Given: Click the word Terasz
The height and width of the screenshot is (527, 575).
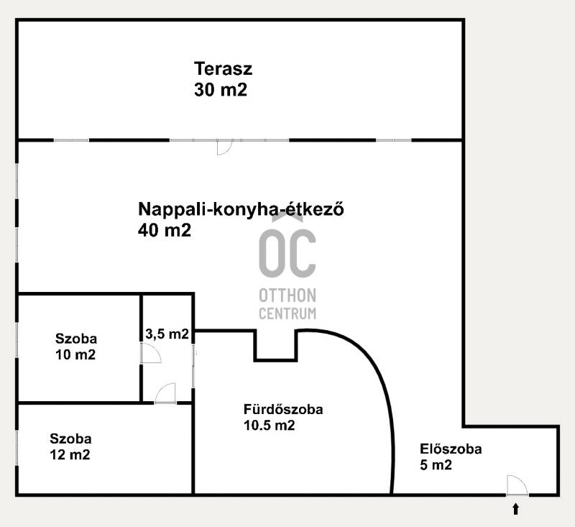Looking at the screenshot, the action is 223,68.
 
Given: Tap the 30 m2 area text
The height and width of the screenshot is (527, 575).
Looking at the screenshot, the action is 221,89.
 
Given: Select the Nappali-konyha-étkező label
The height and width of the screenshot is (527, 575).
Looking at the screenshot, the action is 241,209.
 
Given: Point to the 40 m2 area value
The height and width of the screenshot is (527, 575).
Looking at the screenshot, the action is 165,230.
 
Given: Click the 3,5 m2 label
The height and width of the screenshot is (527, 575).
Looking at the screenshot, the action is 167,334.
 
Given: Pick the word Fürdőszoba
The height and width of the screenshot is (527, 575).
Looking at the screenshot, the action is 283,409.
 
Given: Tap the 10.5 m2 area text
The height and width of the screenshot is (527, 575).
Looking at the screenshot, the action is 269,425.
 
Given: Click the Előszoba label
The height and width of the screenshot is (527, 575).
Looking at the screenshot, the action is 451,449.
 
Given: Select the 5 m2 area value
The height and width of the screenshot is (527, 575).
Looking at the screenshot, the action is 436,464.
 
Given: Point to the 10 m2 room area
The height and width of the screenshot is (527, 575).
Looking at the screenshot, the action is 75,354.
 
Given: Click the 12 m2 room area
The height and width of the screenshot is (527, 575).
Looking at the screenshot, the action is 70,455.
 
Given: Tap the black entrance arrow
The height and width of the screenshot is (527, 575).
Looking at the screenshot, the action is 515,509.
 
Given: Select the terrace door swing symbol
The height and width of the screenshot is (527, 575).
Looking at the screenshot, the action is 224,147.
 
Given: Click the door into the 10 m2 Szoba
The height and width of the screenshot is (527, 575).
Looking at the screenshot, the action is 151,353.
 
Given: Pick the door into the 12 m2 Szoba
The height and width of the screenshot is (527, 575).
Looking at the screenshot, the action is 165,393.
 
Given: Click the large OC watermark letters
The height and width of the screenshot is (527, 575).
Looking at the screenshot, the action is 287,253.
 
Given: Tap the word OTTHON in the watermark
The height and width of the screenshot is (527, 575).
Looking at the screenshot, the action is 287,295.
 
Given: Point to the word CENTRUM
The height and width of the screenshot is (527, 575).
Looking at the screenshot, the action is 287,313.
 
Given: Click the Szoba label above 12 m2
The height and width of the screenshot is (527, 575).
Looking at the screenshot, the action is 70,439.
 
